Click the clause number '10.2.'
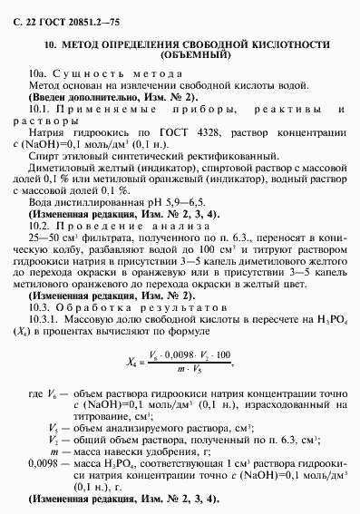(x=42, y=224)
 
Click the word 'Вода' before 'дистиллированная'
(x=42, y=200)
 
